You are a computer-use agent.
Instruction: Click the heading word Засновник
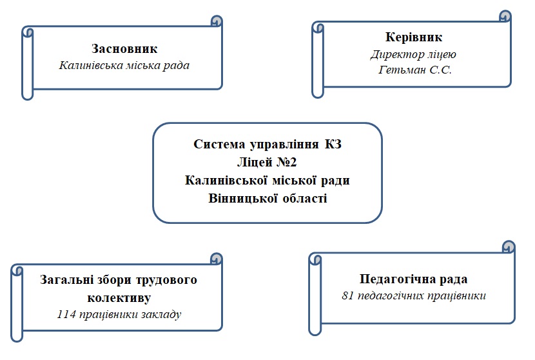[124, 49]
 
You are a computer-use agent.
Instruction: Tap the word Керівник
[414, 37]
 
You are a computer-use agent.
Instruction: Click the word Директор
[397, 54]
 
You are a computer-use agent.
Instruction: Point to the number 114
[66, 314]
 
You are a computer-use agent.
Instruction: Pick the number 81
[347, 295]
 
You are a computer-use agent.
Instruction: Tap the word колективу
[119, 297]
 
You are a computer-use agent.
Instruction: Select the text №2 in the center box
[286, 162]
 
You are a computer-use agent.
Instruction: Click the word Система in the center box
[219, 144]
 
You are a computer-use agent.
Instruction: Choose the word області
[305, 199]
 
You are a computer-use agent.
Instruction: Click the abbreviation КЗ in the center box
[333, 144]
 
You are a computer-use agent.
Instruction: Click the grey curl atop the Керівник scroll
[505, 16]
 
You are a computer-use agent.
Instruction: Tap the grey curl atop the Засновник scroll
[217, 21]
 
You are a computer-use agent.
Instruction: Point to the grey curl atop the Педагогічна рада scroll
[509, 246]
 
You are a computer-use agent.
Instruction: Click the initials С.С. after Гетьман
[440, 70]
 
